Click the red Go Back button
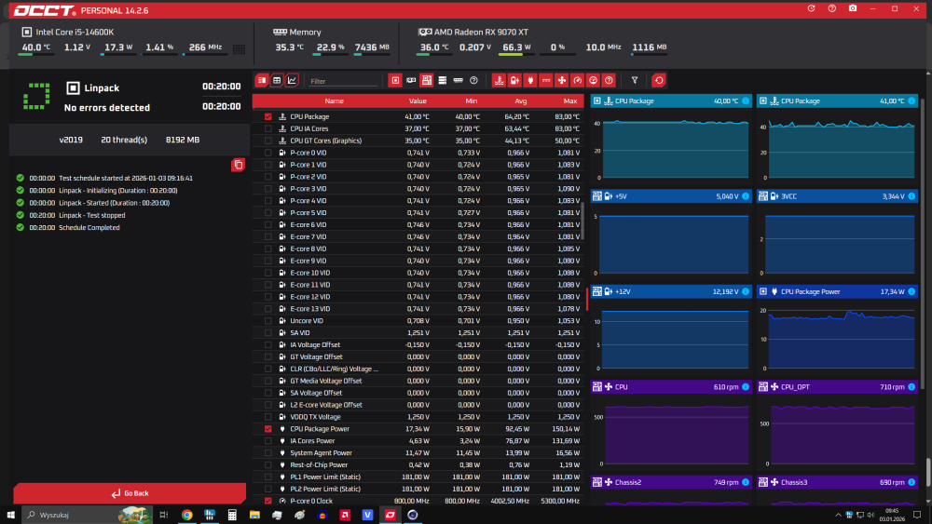coord(130,492)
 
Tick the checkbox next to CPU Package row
coord(268,116)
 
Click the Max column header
coord(570,101)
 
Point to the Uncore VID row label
coord(307,321)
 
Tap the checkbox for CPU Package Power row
coord(268,429)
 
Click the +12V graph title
coord(623,291)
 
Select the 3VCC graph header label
coord(788,196)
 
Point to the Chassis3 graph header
coord(795,482)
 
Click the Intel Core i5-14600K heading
coord(74,32)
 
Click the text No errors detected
coord(106,108)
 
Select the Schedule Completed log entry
coord(89,227)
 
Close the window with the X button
coord(919,8)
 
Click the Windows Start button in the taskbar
coord(10,514)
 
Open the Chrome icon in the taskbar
coord(187,514)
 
